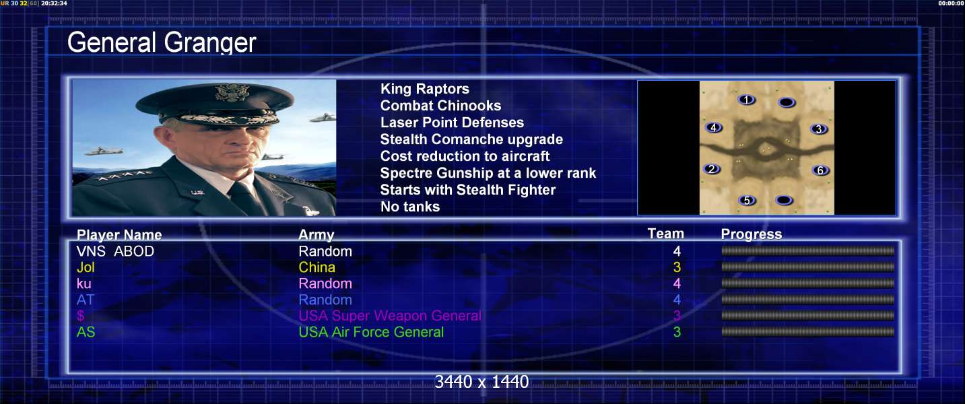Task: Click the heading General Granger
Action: (x=162, y=42)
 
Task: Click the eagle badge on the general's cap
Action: (x=232, y=92)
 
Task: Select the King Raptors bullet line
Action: (x=424, y=89)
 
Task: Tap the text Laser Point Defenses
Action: (x=452, y=123)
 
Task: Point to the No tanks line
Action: (x=409, y=207)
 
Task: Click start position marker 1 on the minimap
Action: (x=747, y=100)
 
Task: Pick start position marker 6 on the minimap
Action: (x=820, y=170)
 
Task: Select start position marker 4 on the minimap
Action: (x=713, y=127)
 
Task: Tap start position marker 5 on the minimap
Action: (x=747, y=200)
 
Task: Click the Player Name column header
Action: (x=119, y=235)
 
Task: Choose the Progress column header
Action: (x=752, y=234)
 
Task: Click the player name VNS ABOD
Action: (x=115, y=251)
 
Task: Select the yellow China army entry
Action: (x=317, y=267)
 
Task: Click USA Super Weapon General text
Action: (x=390, y=316)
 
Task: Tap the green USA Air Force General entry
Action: (x=371, y=332)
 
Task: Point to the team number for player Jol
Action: (x=677, y=267)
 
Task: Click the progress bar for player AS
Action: (x=807, y=332)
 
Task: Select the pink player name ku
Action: (x=84, y=283)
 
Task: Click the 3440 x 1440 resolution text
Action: (x=481, y=382)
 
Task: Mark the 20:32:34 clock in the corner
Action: (x=54, y=3)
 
